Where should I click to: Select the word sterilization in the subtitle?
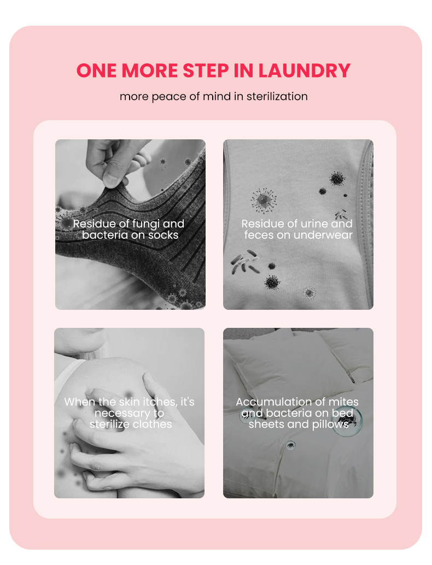[277, 97]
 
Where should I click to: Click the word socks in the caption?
[164, 235]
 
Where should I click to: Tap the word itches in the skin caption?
[156, 402]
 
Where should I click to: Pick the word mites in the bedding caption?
[343, 402]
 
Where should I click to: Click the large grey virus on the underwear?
[263, 200]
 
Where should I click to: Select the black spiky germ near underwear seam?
[337, 178]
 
